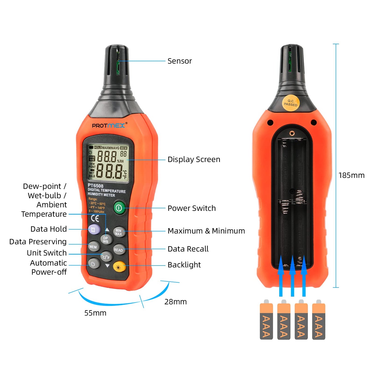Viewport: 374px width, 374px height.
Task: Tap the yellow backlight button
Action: [x=119, y=267]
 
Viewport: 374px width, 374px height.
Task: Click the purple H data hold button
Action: [x=94, y=229]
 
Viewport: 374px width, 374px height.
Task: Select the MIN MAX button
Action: [x=119, y=232]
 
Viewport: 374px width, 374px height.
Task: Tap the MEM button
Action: [x=93, y=247]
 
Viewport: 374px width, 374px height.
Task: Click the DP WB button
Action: [x=106, y=240]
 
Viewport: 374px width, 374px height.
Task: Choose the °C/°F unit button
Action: [x=106, y=257]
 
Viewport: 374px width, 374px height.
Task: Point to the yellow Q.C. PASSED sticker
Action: [x=291, y=103]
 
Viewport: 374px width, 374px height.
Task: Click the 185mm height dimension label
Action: [x=351, y=175]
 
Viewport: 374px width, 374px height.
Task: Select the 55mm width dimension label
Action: [x=95, y=313]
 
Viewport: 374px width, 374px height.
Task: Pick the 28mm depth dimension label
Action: [x=175, y=302]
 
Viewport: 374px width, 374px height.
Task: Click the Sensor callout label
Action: [x=180, y=61]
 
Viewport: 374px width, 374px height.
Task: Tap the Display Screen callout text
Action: [x=194, y=159]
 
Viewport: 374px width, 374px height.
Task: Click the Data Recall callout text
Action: [x=188, y=249]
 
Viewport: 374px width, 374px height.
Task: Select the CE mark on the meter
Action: [x=95, y=219]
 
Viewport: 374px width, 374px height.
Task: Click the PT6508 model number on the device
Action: [x=96, y=186]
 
